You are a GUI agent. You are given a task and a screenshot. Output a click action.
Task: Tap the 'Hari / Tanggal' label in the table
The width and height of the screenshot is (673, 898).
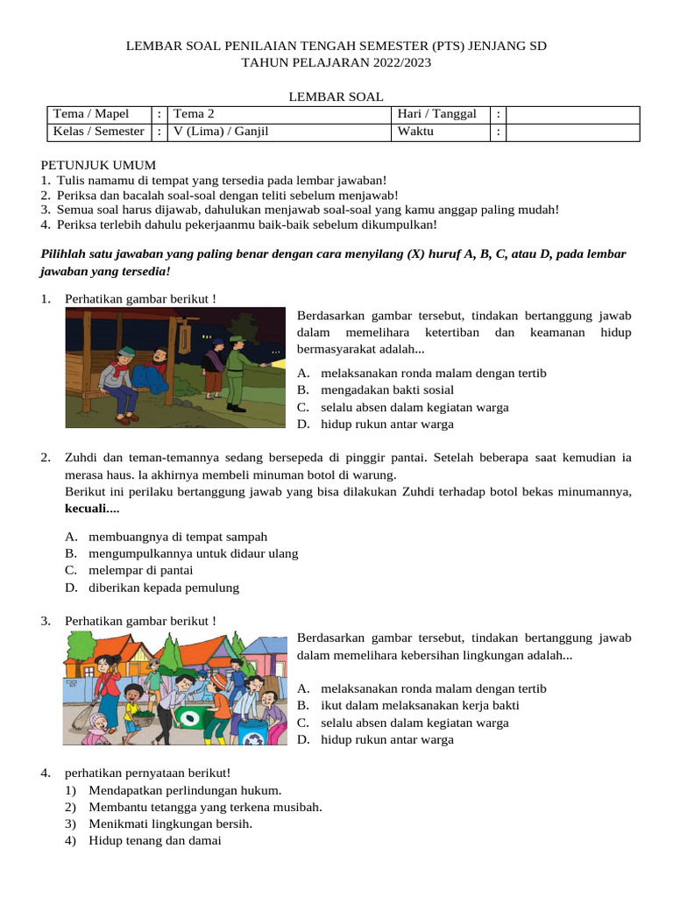click(x=436, y=114)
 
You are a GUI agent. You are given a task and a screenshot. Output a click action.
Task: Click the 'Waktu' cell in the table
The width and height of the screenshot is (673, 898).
click(x=415, y=132)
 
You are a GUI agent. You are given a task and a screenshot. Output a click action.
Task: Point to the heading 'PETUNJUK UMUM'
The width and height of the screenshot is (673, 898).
click(x=98, y=164)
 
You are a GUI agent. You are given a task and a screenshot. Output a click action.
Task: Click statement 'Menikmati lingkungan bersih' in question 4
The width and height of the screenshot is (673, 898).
click(x=170, y=823)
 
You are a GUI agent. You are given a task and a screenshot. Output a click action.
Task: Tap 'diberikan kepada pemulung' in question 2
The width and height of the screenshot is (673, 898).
click(x=163, y=588)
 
